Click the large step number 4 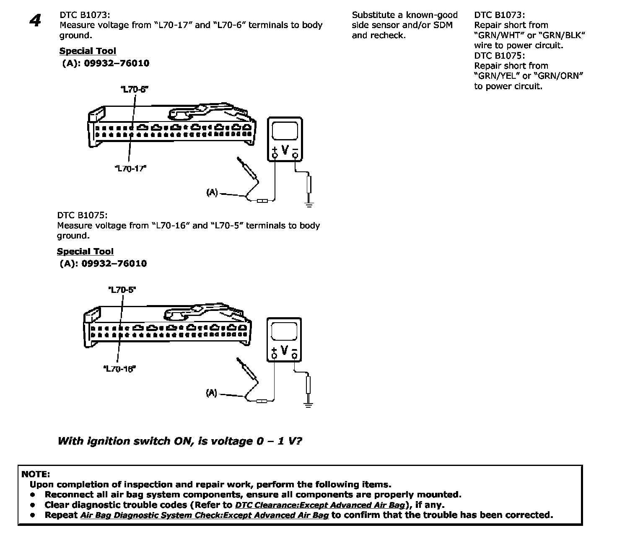tap(36, 21)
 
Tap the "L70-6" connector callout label tap(134, 89)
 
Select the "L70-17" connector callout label tap(130, 168)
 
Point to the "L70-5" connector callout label tap(122, 290)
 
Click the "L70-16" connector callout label tap(119, 369)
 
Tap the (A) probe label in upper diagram tap(212, 192)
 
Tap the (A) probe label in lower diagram tap(211, 393)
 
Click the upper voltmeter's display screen tap(285, 130)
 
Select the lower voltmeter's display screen tap(284, 331)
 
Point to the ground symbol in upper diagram tap(309, 204)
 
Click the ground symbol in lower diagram tap(308, 405)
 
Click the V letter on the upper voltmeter tap(285, 150)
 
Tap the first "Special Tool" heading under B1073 tap(88, 51)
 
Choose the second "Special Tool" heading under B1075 tap(85, 251)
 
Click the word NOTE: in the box tap(36, 474)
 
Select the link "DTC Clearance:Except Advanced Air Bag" tap(320, 505)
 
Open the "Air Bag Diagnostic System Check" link tap(204, 515)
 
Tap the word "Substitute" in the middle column tap(373, 15)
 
